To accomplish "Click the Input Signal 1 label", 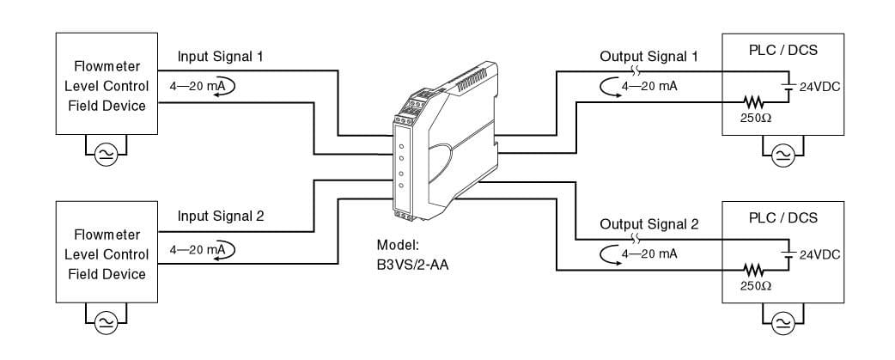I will [220, 57].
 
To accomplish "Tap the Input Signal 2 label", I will [220, 216].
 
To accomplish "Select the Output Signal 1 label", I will [648, 57].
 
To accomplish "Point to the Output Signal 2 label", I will [648, 225].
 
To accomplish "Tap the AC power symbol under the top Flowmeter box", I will [106, 154].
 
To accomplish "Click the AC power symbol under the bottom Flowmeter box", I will [106, 322].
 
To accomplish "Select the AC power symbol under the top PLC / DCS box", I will [782, 154].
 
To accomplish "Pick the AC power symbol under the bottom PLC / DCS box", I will [782, 322].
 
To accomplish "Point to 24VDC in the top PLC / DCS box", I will [819, 87].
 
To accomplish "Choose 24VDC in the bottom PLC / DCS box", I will [819, 255].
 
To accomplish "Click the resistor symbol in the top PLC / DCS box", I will [753, 101].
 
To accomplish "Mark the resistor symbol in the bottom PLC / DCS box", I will [753, 270].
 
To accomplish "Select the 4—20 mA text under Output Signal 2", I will [649, 253].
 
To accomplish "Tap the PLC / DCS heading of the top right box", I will [782, 50].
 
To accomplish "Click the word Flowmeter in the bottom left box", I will [107, 235].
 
